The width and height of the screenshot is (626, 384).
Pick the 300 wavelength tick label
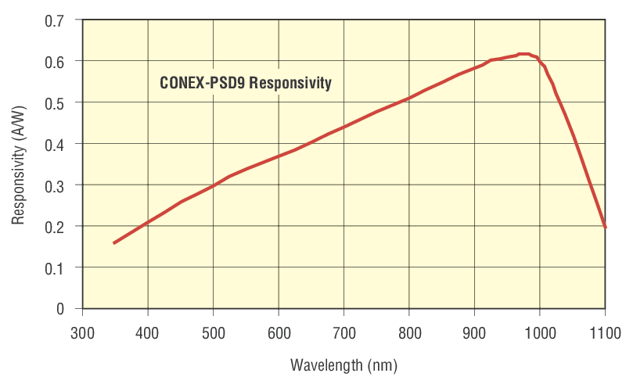pos(83,334)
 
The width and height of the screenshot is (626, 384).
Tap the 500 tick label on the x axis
pos(214,334)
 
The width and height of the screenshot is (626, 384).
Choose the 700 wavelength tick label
pos(344,334)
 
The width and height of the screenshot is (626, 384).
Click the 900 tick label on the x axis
pos(474,334)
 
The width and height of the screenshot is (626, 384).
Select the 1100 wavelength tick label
pos(604,334)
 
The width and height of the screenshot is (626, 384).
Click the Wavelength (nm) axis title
pos(344,365)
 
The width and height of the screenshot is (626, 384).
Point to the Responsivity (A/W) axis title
pos(19,165)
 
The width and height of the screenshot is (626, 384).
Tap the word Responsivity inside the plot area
pos(291,82)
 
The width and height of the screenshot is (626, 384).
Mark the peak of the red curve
pos(524,54)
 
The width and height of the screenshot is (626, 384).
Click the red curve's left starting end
pos(114,243)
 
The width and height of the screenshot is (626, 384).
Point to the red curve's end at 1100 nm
pos(605,227)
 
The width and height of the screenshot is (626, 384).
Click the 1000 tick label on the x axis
pos(539,334)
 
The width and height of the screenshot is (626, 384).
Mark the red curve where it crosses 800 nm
pos(409,98)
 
